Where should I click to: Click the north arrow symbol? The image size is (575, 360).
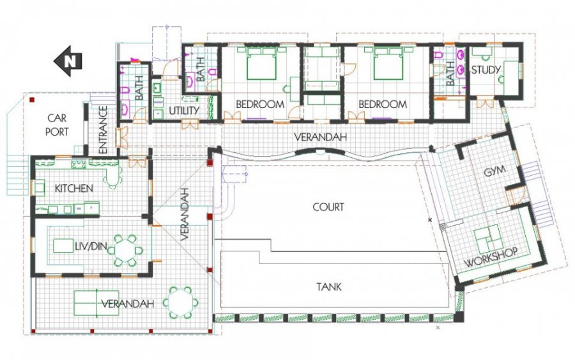(66, 61)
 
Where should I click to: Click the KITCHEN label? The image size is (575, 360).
(74, 189)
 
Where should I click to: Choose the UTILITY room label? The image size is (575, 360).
(184, 111)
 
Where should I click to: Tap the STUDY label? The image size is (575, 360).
(485, 70)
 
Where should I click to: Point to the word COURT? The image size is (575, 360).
(328, 207)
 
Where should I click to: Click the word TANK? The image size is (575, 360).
(328, 287)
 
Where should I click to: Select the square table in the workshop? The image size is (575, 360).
(489, 240)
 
